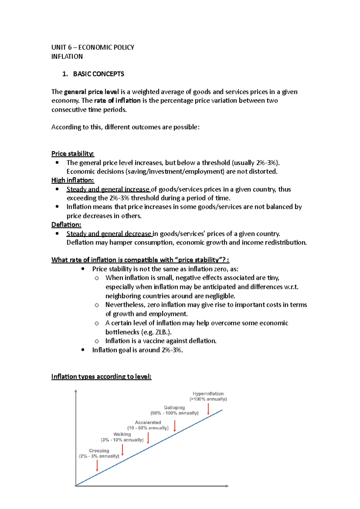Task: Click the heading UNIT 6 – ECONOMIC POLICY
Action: (93, 47)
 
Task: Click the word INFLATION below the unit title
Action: (67, 57)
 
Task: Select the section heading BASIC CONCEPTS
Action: (98, 74)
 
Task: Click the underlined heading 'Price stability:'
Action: (73, 154)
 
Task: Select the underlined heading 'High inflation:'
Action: (73, 180)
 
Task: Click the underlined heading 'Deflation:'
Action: (66, 225)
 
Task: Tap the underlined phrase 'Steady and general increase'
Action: (108, 189)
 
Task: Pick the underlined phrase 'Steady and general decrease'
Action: (109, 234)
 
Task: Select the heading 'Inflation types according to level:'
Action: (101, 377)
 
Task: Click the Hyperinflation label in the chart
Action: (208, 394)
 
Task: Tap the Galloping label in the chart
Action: (174, 408)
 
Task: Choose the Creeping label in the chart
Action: (99, 451)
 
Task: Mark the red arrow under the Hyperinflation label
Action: (208, 409)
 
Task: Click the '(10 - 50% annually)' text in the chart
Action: (148, 428)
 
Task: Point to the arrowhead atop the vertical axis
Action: (76, 391)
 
